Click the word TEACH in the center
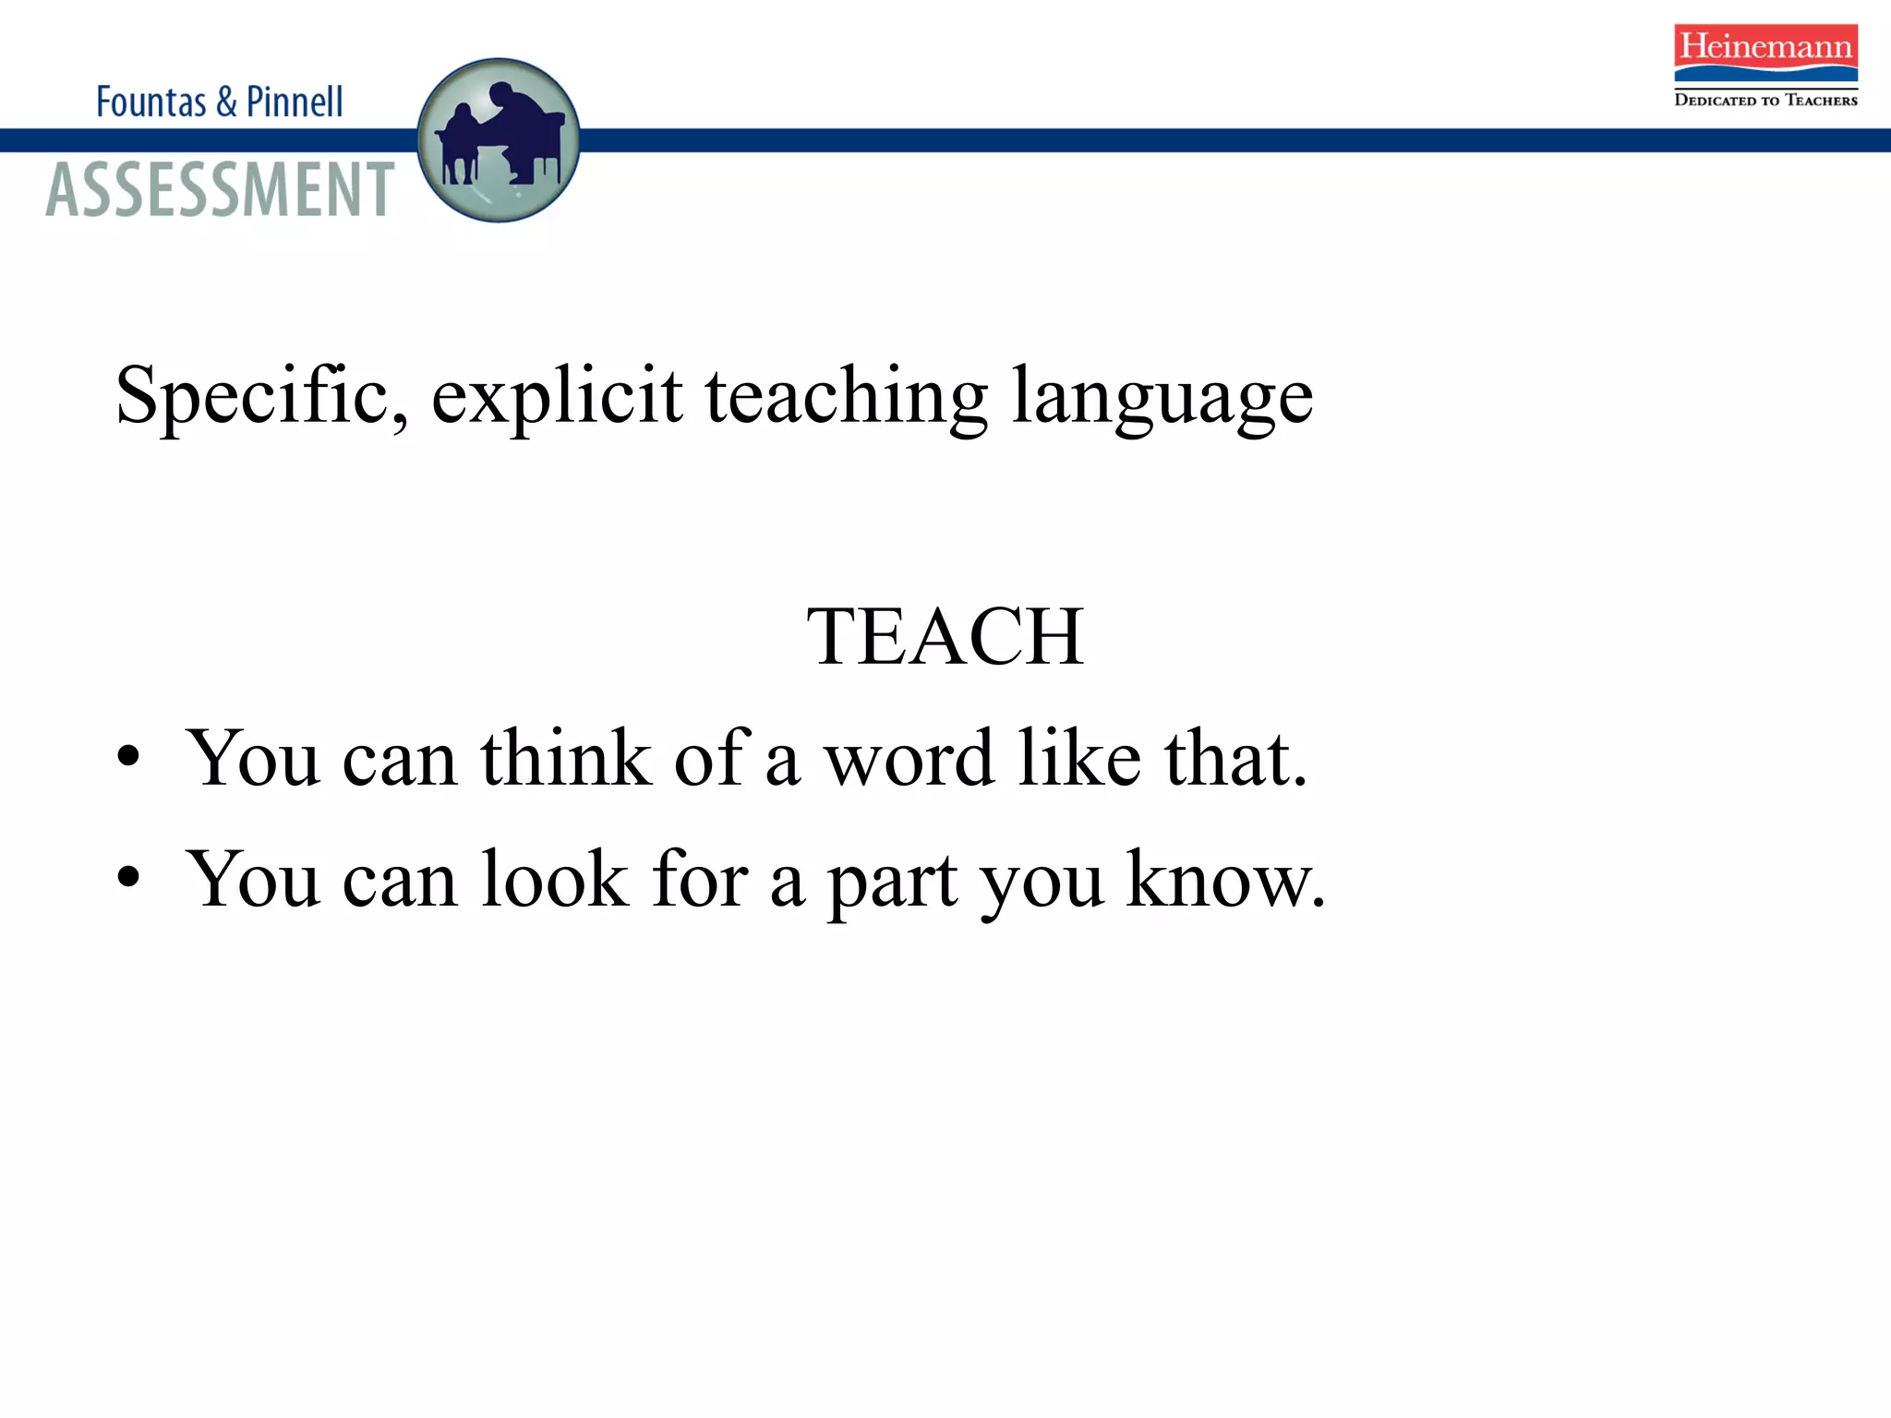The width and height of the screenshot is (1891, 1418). pos(945,636)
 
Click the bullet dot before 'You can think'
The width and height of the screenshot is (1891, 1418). pos(128,756)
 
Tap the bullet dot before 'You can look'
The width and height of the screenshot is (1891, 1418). pos(128,877)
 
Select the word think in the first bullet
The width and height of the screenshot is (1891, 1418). pos(565,758)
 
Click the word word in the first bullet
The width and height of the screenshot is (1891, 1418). pos(909,758)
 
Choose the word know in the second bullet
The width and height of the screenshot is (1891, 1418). pos(1224,879)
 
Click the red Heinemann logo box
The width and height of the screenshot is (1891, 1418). pos(1765,54)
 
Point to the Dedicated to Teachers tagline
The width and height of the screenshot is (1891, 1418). pos(1765,100)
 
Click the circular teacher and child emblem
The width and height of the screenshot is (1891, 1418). pos(499,140)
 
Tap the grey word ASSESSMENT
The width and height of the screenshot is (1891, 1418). pos(220,190)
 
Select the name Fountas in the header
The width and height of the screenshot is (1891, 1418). pos(151,102)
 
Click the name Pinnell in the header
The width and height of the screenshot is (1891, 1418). pos(295,102)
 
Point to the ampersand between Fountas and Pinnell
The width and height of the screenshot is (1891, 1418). pos(226,102)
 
